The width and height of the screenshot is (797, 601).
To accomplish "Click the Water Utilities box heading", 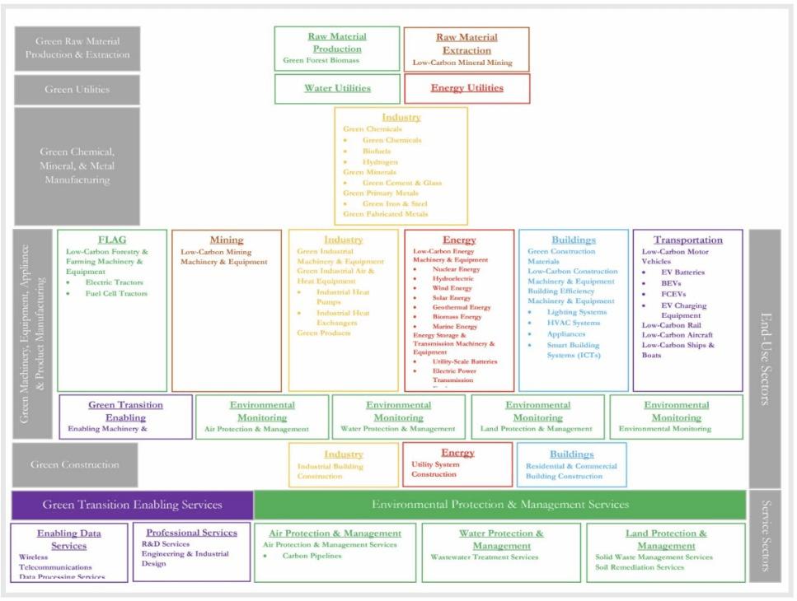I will click(338, 88).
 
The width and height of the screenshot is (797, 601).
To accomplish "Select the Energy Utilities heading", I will click(466, 88).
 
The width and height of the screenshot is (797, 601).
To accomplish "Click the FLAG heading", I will click(112, 240).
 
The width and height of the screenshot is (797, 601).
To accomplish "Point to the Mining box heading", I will click(226, 240).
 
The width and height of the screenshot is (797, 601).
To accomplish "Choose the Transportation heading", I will click(687, 240).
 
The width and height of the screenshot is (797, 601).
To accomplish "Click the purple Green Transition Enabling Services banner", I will click(133, 504).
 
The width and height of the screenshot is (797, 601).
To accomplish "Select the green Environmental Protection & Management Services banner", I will click(500, 504).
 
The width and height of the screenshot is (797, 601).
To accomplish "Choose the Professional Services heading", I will click(191, 533).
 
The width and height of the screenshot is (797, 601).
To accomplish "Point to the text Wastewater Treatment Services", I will click(484, 557).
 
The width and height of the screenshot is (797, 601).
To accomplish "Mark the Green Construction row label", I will click(75, 464).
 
